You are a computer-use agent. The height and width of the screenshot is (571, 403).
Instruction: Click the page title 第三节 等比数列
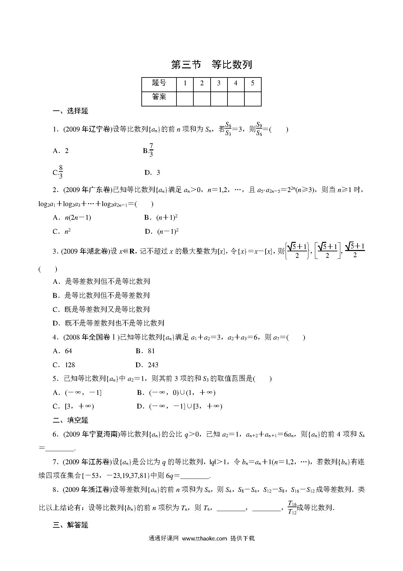point(211,64)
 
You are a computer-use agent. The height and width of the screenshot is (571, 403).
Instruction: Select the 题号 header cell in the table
point(159,83)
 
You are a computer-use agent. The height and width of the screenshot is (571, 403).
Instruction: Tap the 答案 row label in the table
point(159,97)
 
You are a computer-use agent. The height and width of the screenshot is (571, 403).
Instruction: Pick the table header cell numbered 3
point(219,83)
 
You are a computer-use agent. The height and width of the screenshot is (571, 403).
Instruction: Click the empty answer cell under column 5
point(253,99)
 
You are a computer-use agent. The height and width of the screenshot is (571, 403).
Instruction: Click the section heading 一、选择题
point(71,111)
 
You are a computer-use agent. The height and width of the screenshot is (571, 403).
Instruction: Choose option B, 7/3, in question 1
point(148,150)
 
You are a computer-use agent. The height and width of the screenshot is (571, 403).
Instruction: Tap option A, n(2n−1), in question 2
point(72,217)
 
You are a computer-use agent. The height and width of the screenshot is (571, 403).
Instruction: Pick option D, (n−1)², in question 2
point(162,231)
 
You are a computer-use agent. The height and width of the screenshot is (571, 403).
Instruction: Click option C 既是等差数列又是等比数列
point(101,309)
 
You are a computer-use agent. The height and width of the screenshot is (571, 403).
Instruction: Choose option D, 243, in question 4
point(147,365)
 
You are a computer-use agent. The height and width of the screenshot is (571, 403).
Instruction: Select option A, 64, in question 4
point(62,351)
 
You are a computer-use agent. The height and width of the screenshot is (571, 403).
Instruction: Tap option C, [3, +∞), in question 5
point(73,406)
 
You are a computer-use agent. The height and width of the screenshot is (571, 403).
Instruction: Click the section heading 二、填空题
point(71,420)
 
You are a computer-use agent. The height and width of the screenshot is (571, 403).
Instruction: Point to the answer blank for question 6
point(60,448)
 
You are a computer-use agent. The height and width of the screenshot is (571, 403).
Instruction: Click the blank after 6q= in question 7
point(195,476)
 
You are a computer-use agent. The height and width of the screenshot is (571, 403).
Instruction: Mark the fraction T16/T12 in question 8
point(292,507)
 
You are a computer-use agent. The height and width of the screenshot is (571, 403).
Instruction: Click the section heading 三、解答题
point(71,525)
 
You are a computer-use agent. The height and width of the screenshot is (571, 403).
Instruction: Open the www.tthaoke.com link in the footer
point(204,548)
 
